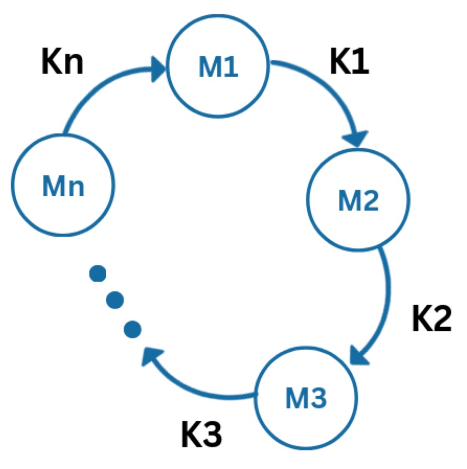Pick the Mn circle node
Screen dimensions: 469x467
point(63,186)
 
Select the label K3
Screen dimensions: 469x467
point(202,433)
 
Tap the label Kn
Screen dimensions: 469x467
point(62,62)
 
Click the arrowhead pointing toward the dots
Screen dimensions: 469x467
point(152,358)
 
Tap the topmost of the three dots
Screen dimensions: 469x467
point(98,273)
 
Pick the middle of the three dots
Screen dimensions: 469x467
point(115,300)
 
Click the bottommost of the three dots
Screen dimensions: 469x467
point(132,329)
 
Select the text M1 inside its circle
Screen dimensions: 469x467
point(219,68)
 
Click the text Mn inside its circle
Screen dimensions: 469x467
point(63,186)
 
